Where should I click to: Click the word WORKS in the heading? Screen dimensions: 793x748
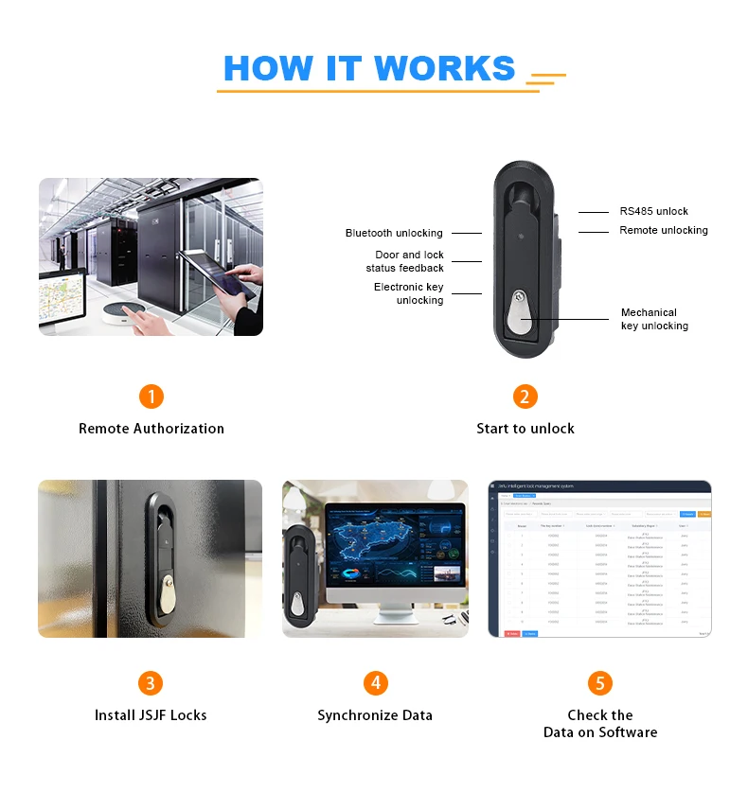point(444,68)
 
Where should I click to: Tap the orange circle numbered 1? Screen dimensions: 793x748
point(151,396)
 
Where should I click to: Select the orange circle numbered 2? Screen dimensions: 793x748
point(525,396)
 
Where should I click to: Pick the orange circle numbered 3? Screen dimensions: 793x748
point(151,683)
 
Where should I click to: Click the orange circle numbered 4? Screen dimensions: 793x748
point(376,683)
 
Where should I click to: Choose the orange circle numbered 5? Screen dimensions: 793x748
point(600,683)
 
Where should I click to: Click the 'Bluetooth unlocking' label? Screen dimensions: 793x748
point(394,233)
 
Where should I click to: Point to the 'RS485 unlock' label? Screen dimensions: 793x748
point(653,211)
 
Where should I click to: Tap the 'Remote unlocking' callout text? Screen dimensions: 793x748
point(663,230)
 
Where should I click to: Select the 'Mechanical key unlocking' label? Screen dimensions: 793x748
point(653,319)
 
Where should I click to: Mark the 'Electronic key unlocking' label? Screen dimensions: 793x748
point(409,293)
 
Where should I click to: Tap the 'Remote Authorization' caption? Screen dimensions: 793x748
point(151,429)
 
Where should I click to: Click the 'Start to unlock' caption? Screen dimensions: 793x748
point(525,429)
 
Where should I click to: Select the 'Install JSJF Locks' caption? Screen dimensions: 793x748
point(151,715)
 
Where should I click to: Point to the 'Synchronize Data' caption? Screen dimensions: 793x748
point(375,715)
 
